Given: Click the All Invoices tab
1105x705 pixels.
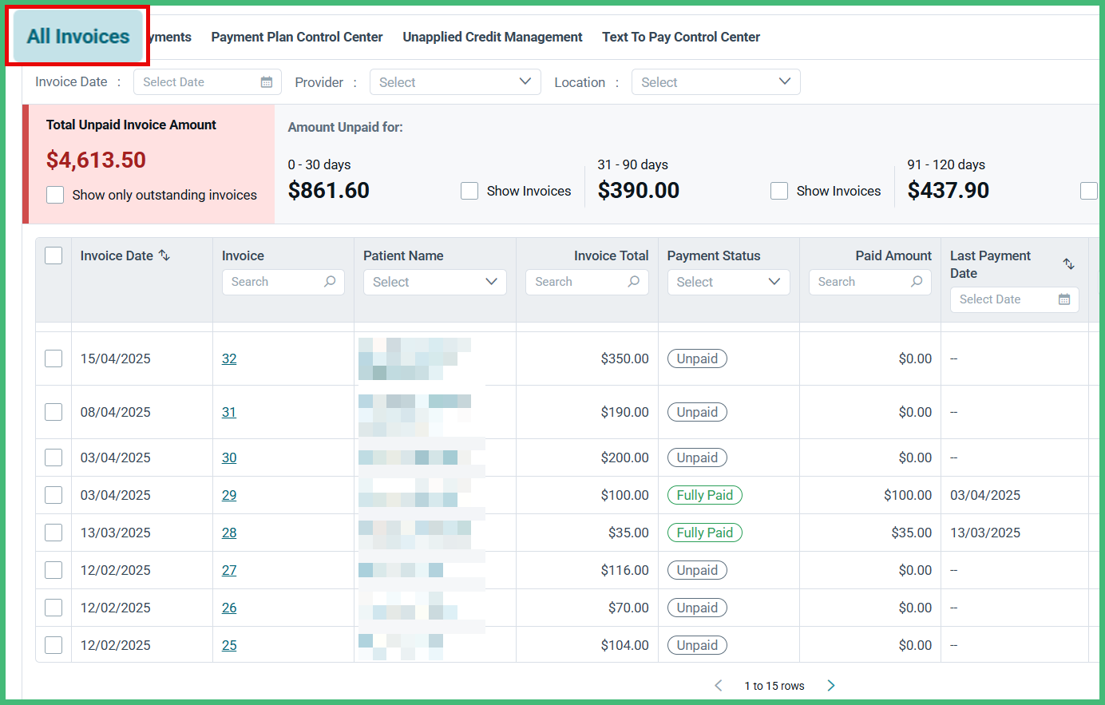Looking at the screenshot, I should click(77, 37).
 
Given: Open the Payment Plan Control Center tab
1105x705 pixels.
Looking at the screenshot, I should click(296, 37).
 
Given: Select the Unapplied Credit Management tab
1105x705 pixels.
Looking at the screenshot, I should click(492, 37).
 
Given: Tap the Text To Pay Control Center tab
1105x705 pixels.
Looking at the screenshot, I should click(680, 37).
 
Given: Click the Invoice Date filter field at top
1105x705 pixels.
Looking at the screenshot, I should click(207, 82).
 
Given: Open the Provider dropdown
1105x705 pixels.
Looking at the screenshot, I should click(454, 82).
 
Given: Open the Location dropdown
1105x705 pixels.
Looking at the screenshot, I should click(715, 82).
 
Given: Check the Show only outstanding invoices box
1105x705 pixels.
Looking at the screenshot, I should click(55, 195).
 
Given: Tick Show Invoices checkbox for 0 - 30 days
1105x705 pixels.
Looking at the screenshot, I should click(469, 191).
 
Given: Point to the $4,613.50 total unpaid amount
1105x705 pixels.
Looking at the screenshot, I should click(96, 160).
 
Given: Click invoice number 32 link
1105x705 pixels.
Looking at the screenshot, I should click(229, 358).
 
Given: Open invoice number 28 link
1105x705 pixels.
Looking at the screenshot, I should click(229, 533).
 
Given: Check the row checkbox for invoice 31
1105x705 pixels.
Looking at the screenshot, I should click(53, 412).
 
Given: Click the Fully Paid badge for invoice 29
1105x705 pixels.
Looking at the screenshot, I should click(704, 495).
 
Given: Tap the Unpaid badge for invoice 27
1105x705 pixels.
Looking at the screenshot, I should click(697, 570).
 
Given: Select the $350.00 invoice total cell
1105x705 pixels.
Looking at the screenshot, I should click(624, 358).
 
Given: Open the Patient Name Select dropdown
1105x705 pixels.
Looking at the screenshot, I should click(434, 282).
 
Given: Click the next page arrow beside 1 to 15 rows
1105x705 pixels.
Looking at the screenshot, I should click(831, 685).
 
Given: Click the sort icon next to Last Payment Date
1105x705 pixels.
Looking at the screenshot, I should click(1068, 263).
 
